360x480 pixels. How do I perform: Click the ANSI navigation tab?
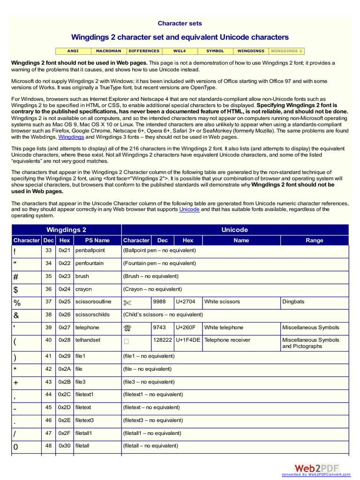(72, 51)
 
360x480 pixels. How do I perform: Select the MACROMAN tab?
(108, 51)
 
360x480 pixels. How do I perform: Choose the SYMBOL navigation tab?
(215, 51)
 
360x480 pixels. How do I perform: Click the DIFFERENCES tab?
(144, 51)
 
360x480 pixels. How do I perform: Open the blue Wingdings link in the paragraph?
(71, 137)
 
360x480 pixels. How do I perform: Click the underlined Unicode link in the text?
(189, 210)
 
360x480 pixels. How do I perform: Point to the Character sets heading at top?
(180, 23)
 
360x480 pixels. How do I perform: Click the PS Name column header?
(97, 240)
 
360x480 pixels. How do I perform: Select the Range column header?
(314, 240)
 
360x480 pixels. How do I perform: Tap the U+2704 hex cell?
(188, 302)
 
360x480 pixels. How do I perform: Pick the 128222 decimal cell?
(162, 340)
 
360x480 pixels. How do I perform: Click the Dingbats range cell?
(293, 302)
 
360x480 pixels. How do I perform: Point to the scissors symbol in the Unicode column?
(128, 302)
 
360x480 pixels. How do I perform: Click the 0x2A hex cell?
(65, 369)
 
